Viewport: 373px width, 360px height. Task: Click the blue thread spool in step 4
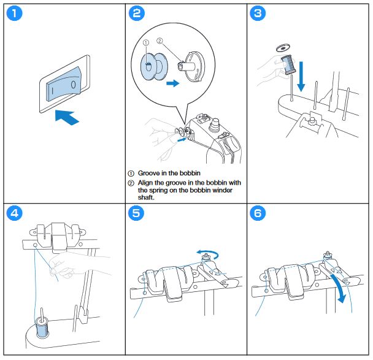click(x=42, y=327)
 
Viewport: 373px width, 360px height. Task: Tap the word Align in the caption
click(x=148, y=182)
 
